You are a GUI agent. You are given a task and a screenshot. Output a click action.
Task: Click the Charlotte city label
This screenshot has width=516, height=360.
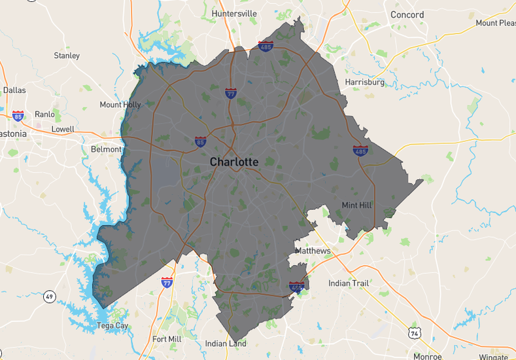tap(233, 162)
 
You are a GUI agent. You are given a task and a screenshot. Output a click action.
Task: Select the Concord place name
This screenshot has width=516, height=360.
tap(407, 14)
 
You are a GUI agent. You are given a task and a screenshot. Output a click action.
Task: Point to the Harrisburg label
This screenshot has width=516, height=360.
tap(364, 82)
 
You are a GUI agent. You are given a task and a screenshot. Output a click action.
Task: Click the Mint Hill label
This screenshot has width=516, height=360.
tap(356, 205)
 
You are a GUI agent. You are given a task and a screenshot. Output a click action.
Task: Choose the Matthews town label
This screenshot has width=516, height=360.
tap(313, 251)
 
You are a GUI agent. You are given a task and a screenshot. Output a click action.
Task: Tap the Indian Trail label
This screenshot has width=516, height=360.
tap(349, 283)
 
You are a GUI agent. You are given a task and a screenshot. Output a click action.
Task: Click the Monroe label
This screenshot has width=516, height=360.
tap(427, 356)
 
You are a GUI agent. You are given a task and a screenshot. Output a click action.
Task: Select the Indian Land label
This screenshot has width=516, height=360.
tap(226, 344)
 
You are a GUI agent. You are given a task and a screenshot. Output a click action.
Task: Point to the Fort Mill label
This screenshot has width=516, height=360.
tap(167, 339)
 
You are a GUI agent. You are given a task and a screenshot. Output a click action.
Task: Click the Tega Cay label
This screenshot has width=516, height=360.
tap(112, 325)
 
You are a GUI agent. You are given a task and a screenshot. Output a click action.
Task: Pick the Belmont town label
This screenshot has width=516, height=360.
tap(106, 149)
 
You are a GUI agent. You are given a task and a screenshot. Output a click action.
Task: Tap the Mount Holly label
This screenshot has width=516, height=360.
tap(120, 105)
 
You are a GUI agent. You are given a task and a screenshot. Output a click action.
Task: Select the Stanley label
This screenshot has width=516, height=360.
tap(67, 56)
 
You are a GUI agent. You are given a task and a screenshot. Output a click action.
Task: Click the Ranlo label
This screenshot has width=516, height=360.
tap(44, 114)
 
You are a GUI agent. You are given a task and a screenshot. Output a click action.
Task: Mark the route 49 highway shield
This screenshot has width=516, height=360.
tap(50, 297)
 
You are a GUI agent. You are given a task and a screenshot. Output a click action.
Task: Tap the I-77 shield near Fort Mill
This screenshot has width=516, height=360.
tap(167, 283)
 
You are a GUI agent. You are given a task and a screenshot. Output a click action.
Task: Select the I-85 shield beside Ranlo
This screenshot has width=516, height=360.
tap(18, 116)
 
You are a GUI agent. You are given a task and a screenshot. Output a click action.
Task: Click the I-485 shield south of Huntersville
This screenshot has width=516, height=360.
tap(266, 46)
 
